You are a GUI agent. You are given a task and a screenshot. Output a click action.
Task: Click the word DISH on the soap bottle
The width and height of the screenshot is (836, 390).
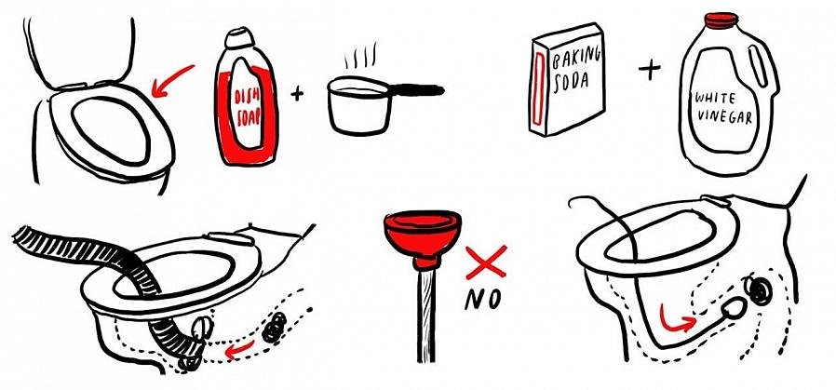[x=247, y=98]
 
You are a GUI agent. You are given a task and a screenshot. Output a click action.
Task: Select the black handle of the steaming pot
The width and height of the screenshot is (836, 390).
[x=417, y=89]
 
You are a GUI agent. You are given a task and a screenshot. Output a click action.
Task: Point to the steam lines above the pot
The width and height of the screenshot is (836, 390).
[x=361, y=56]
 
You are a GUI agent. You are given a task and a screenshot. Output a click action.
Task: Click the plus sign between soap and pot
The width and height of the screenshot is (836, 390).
[x=297, y=94]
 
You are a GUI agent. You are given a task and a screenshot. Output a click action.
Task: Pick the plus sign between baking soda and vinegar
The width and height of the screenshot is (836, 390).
[x=650, y=69]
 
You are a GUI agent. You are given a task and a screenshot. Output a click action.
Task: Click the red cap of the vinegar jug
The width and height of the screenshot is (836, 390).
[x=721, y=20]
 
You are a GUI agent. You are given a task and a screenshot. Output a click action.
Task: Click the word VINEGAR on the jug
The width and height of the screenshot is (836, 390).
[x=723, y=115]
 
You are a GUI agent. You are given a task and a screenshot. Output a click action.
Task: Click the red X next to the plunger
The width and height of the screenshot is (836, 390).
[x=486, y=262]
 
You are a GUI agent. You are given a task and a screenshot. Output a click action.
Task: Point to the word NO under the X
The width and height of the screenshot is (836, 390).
[x=482, y=300]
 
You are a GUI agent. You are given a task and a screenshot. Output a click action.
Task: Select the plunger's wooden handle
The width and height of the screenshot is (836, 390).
[x=425, y=315]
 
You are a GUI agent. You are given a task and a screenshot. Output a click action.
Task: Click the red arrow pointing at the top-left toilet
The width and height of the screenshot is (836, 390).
[x=172, y=80]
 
